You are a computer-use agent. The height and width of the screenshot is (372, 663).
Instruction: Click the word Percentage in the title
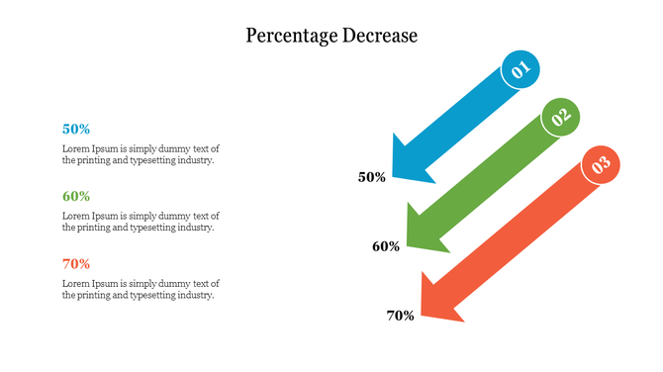pyautogui.click(x=288, y=36)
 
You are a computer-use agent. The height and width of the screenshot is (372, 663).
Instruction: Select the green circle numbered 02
pyautogui.click(x=561, y=118)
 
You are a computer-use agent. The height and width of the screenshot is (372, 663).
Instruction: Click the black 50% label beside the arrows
pyautogui.click(x=372, y=177)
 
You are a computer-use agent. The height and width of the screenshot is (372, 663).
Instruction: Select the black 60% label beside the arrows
pyautogui.click(x=386, y=246)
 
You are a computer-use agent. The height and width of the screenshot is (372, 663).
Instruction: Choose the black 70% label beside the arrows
pyautogui.click(x=400, y=316)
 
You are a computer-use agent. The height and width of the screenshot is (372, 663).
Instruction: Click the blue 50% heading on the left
pyautogui.click(x=76, y=129)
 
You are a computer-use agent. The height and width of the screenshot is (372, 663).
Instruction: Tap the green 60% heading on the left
pyautogui.click(x=76, y=196)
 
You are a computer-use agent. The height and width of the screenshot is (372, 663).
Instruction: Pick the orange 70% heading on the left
pyautogui.click(x=76, y=263)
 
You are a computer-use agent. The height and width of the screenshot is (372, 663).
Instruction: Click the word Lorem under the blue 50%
pyautogui.click(x=75, y=148)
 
